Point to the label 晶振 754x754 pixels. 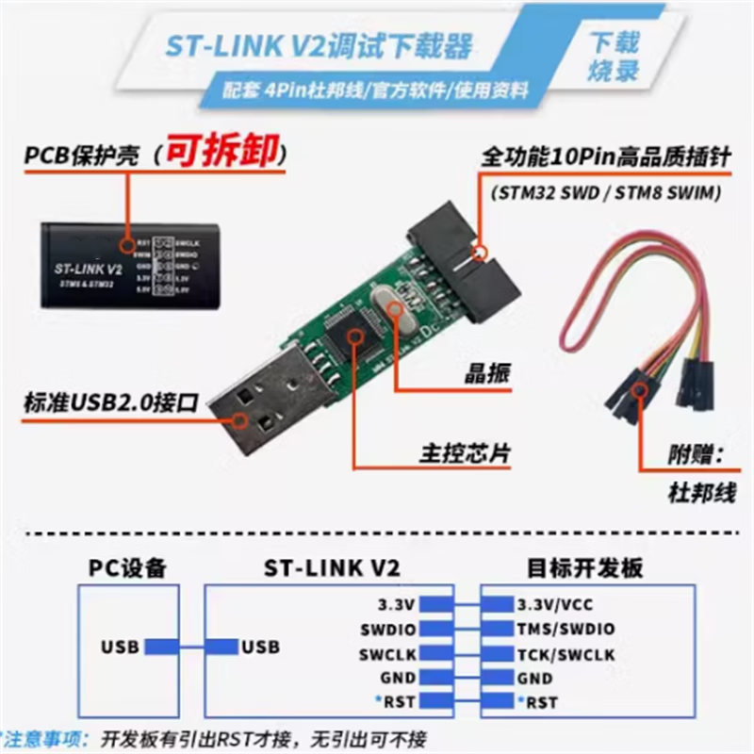(488, 371)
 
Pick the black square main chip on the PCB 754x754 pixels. (348, 336)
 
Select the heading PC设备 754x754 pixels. (127, 568)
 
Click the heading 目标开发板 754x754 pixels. (583, 568)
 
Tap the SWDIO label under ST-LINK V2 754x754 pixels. (387, 629)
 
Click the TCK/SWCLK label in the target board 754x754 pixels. (565, 654)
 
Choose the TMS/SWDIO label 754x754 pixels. (565, 629)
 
